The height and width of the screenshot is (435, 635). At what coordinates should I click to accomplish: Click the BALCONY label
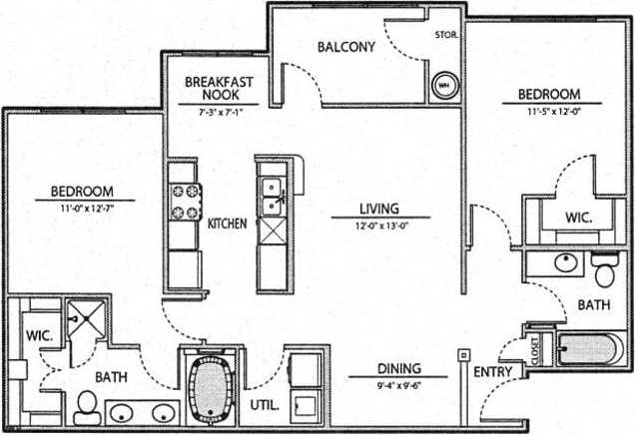point(346,47)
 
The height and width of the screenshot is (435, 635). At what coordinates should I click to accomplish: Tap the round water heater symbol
point(443,86)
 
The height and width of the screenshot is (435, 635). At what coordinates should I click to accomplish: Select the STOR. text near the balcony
point(446,35)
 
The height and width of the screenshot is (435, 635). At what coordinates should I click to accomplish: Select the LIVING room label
point(379,210)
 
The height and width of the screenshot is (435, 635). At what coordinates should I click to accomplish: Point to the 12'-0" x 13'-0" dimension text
point(379,225)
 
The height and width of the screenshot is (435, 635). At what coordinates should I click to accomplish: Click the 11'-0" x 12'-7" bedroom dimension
point(84,208)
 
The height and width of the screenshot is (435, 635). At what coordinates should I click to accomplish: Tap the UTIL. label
point(263,405)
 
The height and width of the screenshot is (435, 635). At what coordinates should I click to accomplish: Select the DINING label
point(398,367)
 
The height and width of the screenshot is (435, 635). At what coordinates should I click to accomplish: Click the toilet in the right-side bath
point(603,270)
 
